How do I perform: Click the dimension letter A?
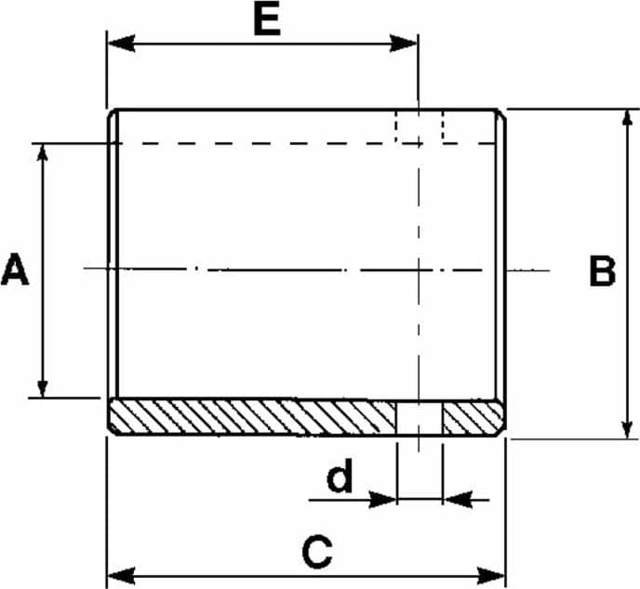point(15,269)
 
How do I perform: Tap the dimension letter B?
point(603,271)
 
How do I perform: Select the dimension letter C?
point(317,553)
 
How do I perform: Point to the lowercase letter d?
point(340,476)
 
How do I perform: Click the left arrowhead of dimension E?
point(121,44)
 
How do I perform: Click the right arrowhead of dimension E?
point(404,44)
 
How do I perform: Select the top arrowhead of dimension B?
point(627,119)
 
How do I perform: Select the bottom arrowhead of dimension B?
point(627,429)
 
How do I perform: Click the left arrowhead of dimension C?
point(121,576)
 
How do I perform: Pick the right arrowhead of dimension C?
point(491,576)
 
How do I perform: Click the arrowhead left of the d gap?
point(383,499)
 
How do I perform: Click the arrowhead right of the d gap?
point(458,499)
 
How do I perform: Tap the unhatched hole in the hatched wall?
point(420,418)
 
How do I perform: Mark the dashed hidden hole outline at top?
point(420,126)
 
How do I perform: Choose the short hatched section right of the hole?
point(474,418)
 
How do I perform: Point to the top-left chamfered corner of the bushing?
point(112,113)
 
